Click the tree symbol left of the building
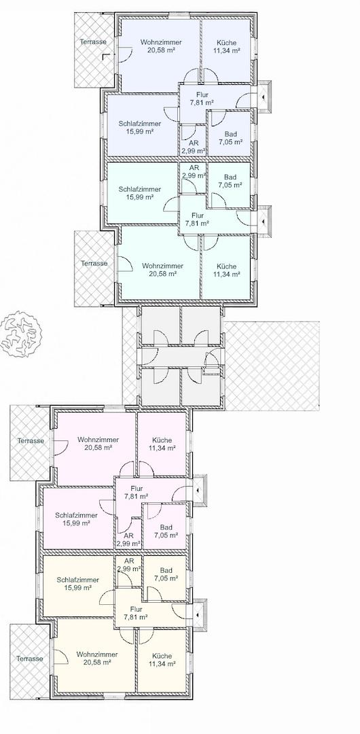[20, 333]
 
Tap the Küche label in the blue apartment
[227, 43]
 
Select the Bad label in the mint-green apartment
[230, 177]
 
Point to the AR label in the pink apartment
[129, 536]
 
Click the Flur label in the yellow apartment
[137, 609]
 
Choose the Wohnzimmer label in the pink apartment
[98, 440]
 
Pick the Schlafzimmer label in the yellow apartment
[77, 580]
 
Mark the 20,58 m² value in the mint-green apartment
[159, 274]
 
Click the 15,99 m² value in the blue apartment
[140, 132]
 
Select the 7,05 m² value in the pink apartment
[166, 535]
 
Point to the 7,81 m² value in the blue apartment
[202, 103]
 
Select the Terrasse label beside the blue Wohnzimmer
[92, 41]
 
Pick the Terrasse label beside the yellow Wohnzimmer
[29, 659]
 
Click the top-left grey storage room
[160, 326]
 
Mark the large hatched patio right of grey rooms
[272, 366]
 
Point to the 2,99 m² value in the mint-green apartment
[194, 175]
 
